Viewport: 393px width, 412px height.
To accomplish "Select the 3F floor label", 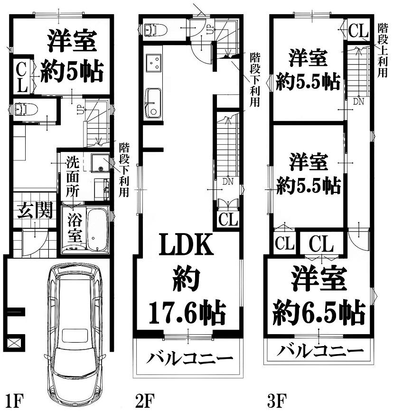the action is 277,400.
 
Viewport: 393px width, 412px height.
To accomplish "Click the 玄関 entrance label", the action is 35,210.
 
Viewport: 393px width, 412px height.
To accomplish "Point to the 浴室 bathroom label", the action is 75,227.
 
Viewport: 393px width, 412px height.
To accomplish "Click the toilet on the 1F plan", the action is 26,109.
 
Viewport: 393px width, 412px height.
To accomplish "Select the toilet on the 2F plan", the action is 156,30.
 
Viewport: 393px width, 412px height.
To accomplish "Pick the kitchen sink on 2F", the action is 153,103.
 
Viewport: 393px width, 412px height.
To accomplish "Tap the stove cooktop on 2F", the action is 153,63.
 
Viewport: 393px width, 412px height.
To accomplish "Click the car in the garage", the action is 75,331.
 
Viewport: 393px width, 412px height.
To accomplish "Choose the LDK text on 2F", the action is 187,245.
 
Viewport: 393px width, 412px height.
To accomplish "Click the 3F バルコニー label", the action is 320,350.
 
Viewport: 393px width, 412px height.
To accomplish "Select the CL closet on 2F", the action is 228,219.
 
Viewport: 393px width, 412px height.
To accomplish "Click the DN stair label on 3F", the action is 358,101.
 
